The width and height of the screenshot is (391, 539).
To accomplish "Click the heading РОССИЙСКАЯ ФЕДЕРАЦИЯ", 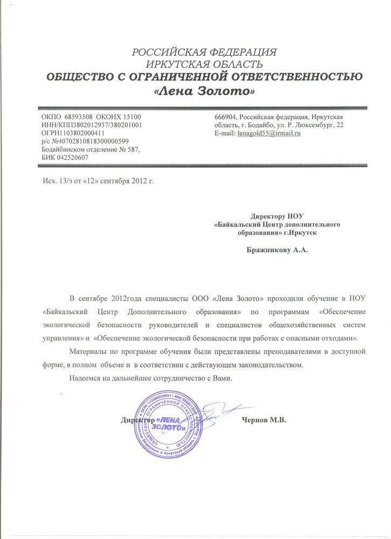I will (x=205, y=52).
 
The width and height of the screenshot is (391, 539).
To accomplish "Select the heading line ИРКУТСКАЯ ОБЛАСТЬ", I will (x=205, y=64).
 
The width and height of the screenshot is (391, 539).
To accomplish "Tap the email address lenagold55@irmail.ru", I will (x=273, y=133).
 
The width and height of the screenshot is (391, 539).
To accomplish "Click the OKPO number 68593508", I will (x=79, y=116).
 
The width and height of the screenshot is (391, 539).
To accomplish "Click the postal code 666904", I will (x=226, y=116).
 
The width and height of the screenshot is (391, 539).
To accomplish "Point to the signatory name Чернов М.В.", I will (x=263, y=420).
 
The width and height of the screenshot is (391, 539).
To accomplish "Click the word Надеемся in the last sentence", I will (x=88, y=378).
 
